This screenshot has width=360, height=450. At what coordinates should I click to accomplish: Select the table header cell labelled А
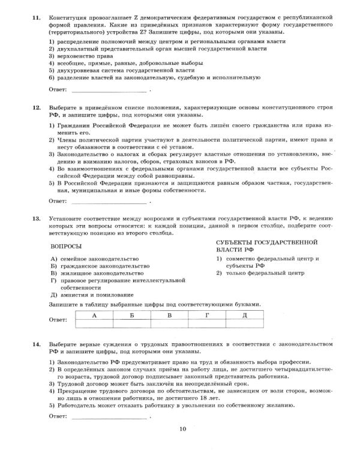(x=94, y=314)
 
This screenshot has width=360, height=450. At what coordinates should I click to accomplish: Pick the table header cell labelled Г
(x=206, y=314)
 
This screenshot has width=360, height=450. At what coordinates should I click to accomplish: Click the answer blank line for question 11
(x=109, y=91)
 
